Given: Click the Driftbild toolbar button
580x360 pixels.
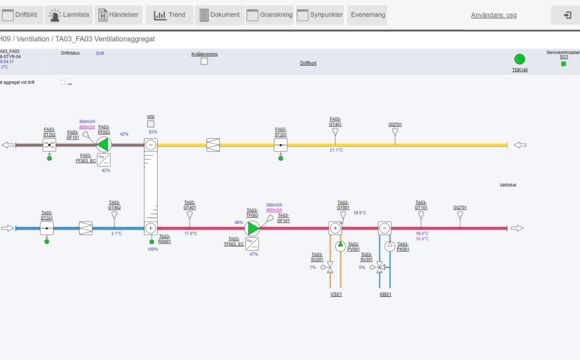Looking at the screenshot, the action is tap(21, 15).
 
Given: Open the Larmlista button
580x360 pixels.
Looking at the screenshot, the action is tap(69, 15).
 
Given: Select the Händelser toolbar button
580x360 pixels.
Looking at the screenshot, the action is tap(118, 15).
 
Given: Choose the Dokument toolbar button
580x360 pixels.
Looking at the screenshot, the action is tap(219, 15).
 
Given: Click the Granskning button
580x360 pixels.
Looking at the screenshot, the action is tap(270, 15).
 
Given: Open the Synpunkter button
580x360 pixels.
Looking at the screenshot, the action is tap(321, 15).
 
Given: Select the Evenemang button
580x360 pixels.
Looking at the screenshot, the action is tap(368, 15).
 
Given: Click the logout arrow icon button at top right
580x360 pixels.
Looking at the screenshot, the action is tap(561, 15).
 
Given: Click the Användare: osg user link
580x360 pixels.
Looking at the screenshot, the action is tap(493, 15).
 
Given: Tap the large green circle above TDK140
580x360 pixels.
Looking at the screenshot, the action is tap(519, 60).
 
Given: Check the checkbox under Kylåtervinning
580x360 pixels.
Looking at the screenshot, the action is tap(205, 61).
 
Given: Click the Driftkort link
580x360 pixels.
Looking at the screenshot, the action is tap(308, 63).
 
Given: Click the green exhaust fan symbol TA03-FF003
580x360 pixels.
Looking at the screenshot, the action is tap(103, 145).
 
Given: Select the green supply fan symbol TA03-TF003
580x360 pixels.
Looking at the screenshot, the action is tap(252, 228).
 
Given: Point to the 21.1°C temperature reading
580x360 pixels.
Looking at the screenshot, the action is tap(336, 150).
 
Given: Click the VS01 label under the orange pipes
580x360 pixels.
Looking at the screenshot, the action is tap(336, 294).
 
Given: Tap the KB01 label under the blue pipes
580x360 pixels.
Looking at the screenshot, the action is tap(385, 294).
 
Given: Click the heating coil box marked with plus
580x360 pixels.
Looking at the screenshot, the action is tap(335, 228).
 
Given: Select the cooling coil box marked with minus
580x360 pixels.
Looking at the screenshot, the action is tap(385, 228).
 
